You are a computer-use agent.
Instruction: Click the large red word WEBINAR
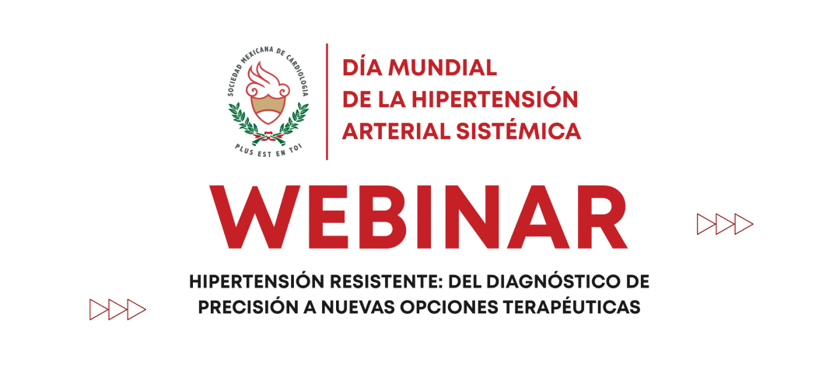tap(418, 218)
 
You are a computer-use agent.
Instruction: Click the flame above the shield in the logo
tap(268, 80)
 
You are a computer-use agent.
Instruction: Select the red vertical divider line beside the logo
tap(327, 102)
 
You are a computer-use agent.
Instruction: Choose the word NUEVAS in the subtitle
tap(362, 307)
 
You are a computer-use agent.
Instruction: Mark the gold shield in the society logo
tap(268, 109)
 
